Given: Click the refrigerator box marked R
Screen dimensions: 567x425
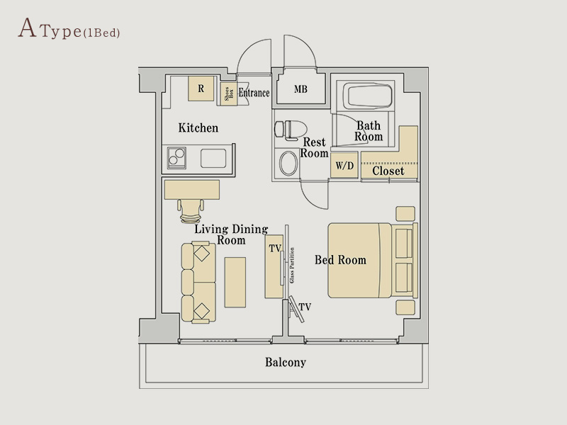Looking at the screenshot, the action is pos(201,89).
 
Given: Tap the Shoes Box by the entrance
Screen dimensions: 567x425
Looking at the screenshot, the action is pos(229,94).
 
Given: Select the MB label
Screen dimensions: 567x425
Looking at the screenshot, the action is pos(301,89).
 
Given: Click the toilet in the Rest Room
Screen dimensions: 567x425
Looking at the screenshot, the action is pos(291,130).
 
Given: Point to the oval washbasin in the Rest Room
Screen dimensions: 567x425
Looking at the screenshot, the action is pos(288,164).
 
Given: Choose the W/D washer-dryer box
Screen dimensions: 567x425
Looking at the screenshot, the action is pos(344,165).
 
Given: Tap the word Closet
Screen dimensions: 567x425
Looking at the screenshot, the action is pos(388,171).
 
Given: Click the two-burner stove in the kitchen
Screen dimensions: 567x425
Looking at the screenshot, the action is pos(176,158).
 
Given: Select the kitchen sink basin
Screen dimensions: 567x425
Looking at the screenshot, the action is pos(213,158).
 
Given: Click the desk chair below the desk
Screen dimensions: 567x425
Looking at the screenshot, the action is pos(191,211).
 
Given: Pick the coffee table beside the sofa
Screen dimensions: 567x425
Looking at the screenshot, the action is pos(235,282).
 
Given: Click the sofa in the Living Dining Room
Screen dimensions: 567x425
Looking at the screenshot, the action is pos(198,282).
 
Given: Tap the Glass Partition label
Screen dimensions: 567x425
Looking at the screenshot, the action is pos(292,265).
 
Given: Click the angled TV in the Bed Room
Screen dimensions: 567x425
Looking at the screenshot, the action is pos(296,309).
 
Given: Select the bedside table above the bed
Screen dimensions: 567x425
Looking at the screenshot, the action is pos(405,214).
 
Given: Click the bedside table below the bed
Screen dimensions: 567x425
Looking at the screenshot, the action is pos(405,307).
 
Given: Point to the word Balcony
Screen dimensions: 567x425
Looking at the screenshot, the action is pos(286,362).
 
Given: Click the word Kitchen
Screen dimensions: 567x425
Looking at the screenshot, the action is pos(198,127).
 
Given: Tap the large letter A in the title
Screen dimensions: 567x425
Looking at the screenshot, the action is pos(28,28).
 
